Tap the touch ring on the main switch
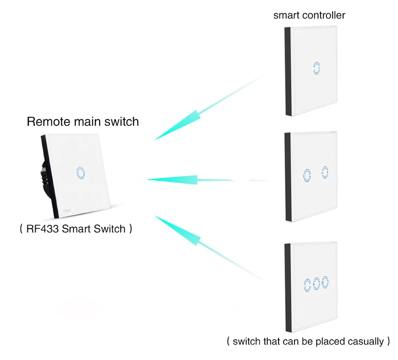[80, 172]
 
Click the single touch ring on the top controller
[316, 68]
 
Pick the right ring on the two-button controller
[325, 172]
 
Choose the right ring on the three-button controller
[326, 281]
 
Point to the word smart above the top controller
[286, 15]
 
